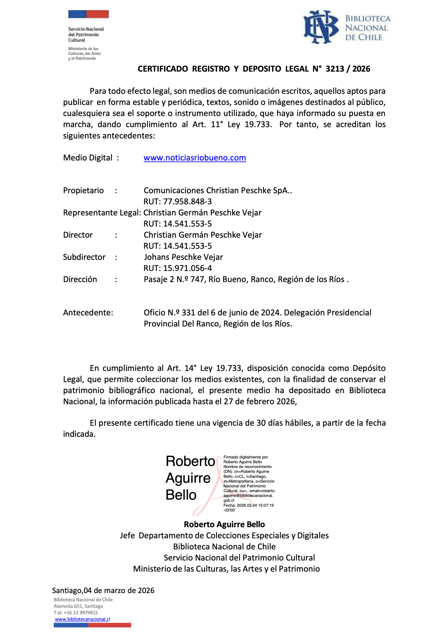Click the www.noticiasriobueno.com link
195,158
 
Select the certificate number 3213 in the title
335,69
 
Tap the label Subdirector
84,257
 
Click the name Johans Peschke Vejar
183,257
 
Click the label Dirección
80,279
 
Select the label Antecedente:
88,313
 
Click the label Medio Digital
88,158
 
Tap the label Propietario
83,190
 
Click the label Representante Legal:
102,212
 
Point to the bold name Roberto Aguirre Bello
224,524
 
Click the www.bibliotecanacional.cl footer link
82,619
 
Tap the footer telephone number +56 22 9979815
80,613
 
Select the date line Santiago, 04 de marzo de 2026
103,590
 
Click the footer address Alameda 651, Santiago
78,606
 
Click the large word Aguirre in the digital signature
188,478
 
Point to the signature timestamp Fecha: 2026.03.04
248,505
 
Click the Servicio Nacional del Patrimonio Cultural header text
86,34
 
